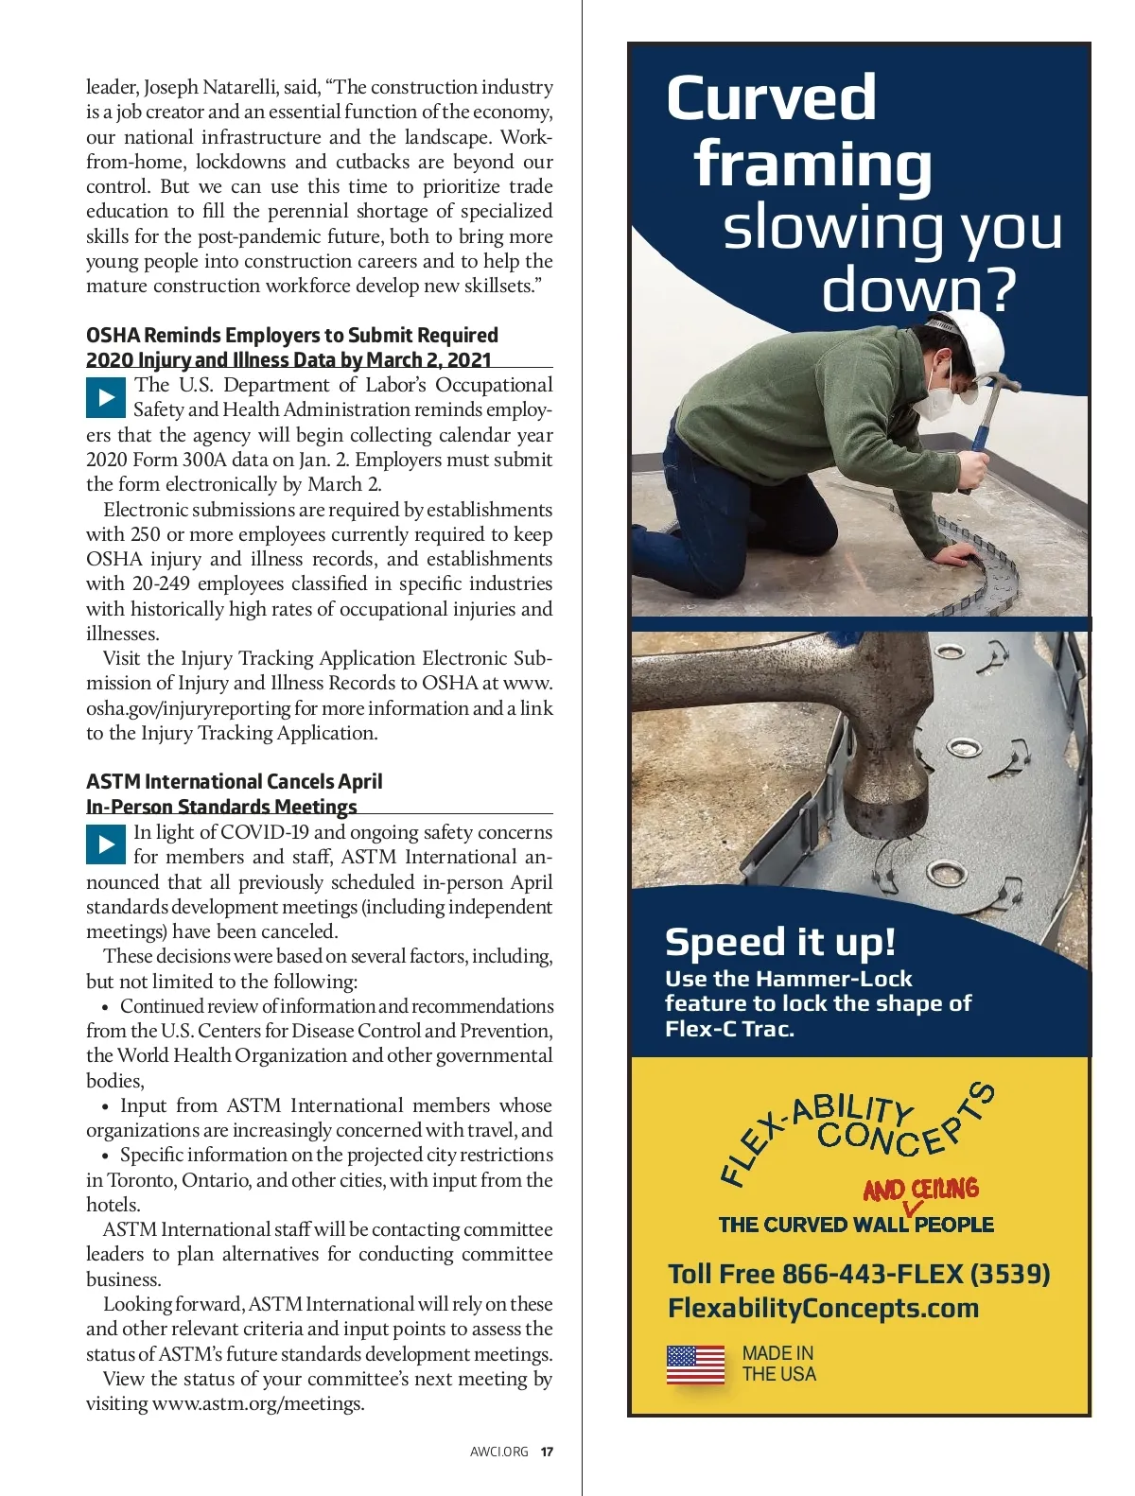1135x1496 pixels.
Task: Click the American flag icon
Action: coord(695,1366)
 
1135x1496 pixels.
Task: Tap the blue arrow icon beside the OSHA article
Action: coord(106,398)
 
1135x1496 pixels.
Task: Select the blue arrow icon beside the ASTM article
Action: coord(106,844)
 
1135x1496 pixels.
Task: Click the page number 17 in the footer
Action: coord(547,1452)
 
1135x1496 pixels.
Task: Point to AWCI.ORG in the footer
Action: coord(498,1452)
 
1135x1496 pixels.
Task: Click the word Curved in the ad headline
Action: coord(771,98)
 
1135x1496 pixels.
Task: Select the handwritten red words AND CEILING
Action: coord(920,1189)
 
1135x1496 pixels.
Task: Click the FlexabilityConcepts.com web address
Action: coord(823,1308)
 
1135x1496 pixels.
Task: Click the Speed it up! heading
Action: coord(779,942)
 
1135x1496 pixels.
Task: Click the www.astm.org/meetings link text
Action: coord(257,1403)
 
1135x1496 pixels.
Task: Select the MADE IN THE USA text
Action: coord(777,1364)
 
